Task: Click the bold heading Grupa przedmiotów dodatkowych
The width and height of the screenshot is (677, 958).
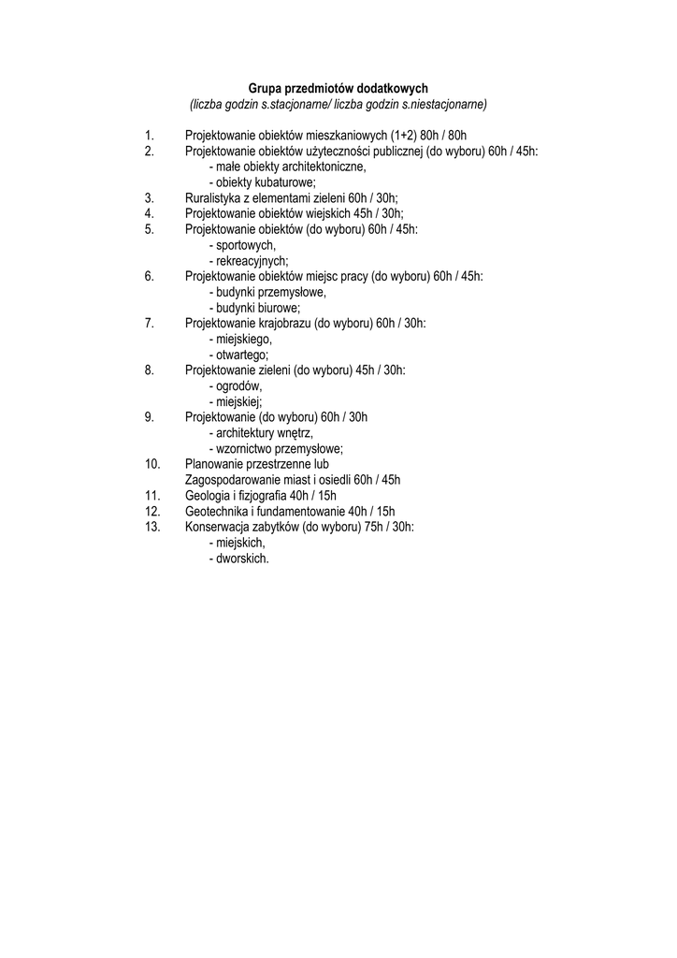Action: point(338,88)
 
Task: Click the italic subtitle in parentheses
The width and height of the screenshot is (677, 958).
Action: point(338,104)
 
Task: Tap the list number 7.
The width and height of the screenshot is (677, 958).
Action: point(149,323)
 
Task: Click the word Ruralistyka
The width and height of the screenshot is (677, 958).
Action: point(214,197)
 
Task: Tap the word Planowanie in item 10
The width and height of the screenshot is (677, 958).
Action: point(215,463)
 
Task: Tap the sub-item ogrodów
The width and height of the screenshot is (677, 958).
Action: point(236,385)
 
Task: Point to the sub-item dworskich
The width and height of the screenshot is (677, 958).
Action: point(239,559)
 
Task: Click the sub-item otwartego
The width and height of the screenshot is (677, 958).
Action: point(239,355)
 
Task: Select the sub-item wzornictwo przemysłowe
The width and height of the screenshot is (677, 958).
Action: point(276,448)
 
